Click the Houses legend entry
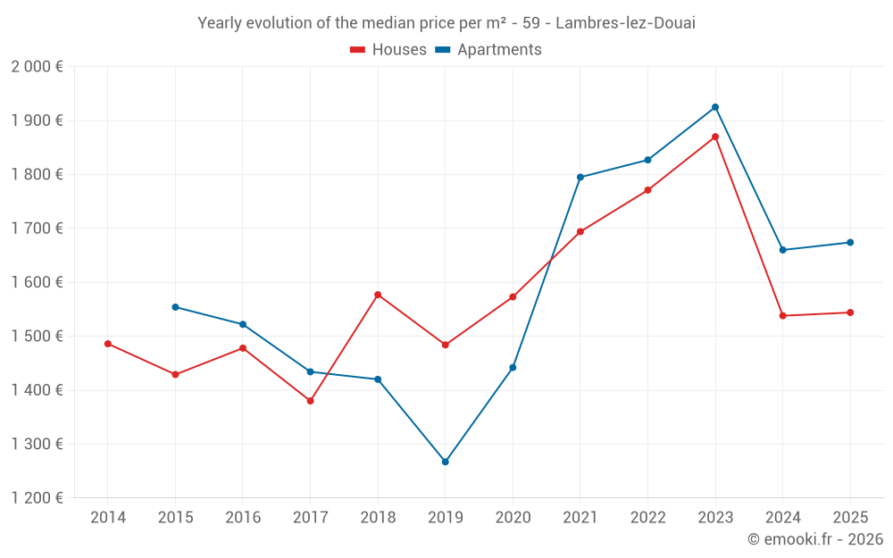388,50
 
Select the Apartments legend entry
488,50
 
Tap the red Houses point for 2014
108,344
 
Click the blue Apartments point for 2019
446,462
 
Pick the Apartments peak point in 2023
715,107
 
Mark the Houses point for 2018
378,295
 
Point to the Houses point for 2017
310,401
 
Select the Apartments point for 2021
580,177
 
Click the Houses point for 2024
783,316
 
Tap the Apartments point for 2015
175,307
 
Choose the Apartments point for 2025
850,243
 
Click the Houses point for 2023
715,137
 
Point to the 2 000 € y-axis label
37,67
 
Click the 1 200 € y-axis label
37,498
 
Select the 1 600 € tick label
37,282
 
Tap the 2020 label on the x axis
513,518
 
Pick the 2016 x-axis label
243,518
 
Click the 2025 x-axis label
850,518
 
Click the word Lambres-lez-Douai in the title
625,23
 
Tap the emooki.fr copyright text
815,539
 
